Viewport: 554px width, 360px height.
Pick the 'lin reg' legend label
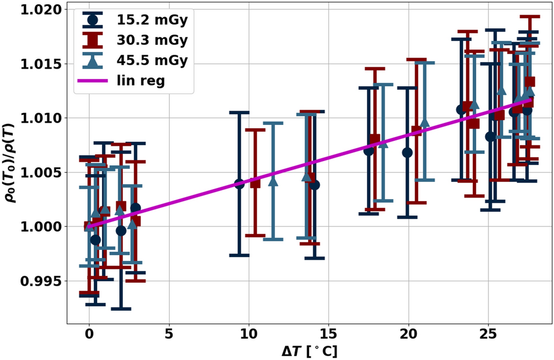[141, 81]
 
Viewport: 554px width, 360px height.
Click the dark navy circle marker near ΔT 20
[407, 153]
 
